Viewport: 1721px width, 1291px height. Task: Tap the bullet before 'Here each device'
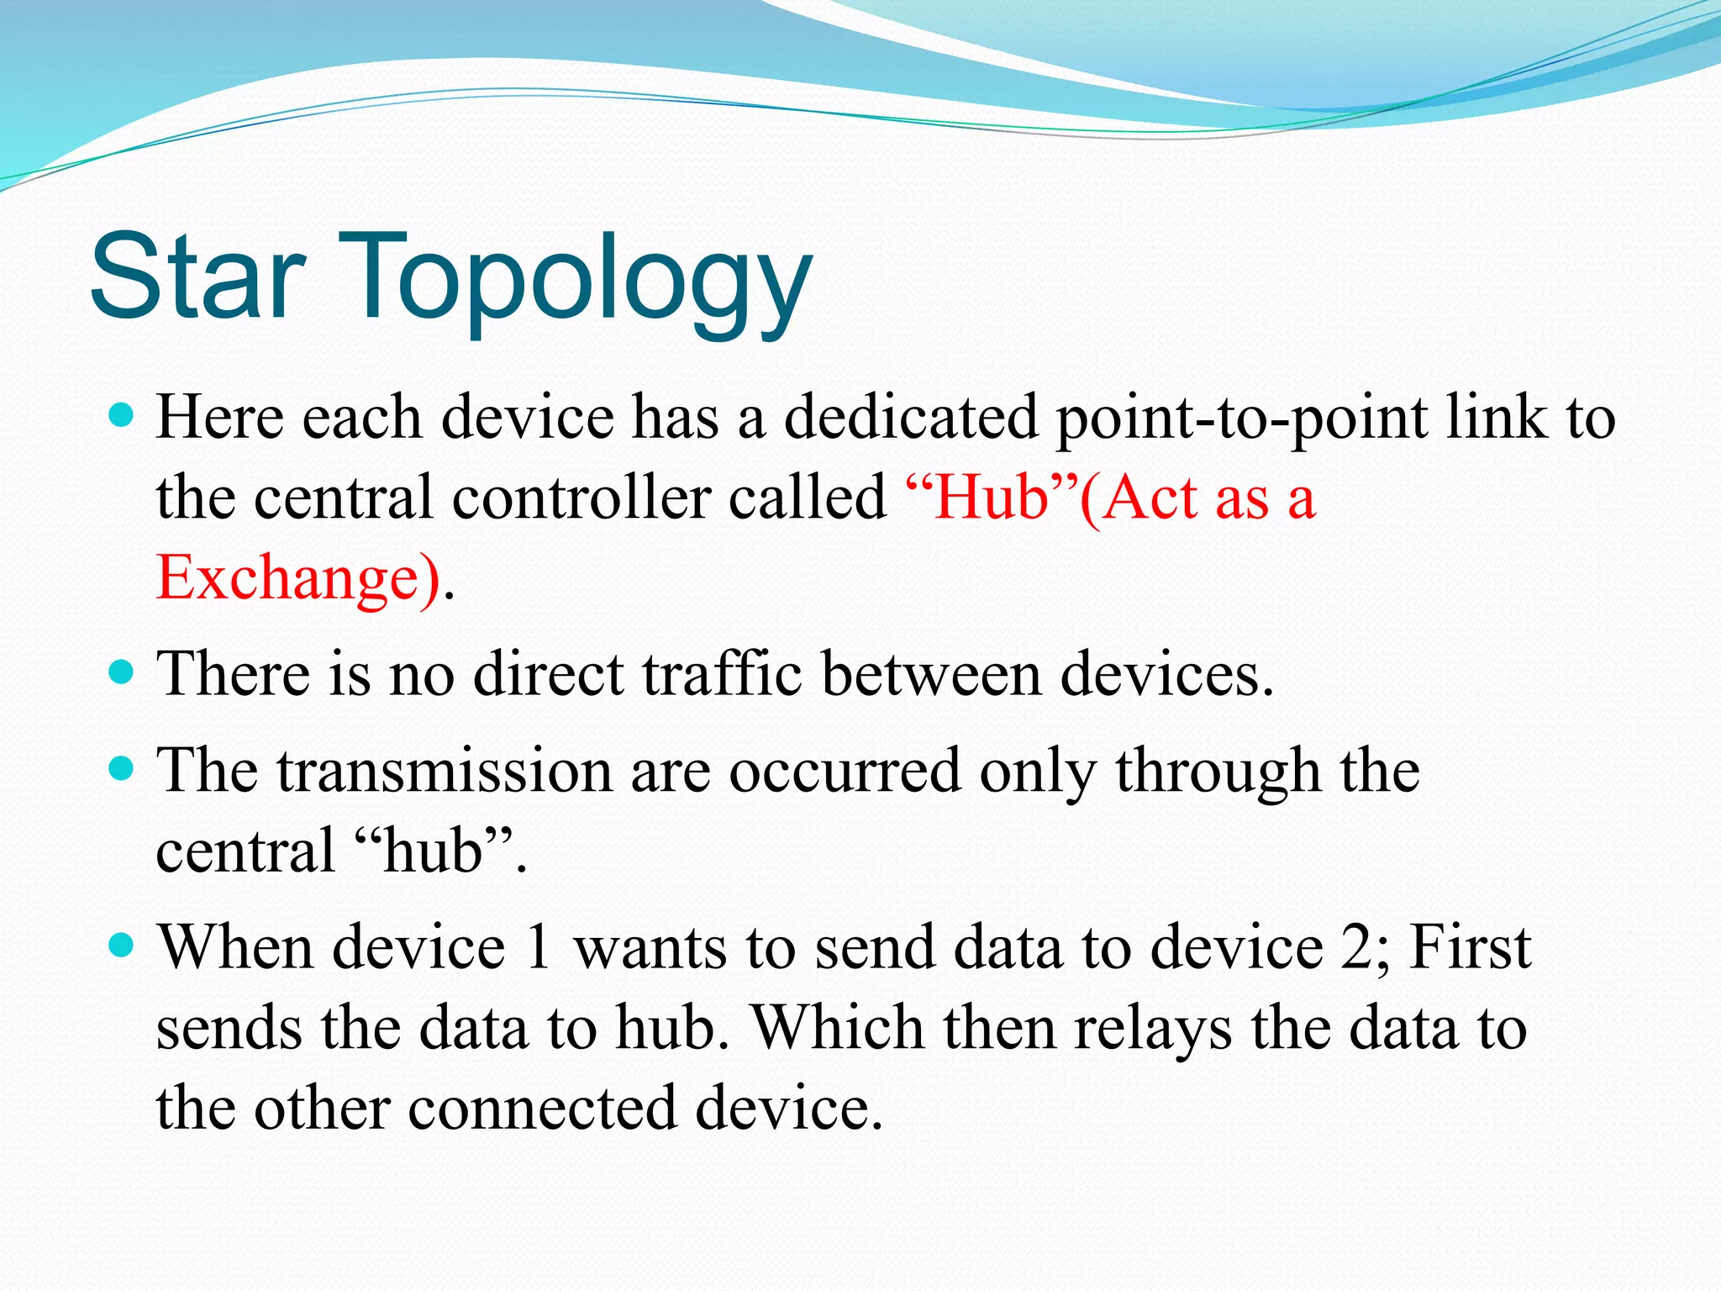point(123,415)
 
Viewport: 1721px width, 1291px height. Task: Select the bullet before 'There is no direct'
point(123,672)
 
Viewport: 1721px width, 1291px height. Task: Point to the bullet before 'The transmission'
point(123,768)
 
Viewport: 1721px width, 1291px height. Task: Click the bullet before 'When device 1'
point(123,946)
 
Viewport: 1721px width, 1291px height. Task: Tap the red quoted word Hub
point(992,498)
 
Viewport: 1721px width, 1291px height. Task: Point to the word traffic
point(724,674)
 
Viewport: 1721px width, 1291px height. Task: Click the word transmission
point(445,771)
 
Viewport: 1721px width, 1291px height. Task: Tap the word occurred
point(844,771)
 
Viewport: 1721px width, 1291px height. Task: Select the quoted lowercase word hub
point(434,850)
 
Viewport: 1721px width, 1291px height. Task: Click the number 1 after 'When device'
point(538,947)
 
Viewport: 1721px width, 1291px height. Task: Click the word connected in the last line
point(543,1108)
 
